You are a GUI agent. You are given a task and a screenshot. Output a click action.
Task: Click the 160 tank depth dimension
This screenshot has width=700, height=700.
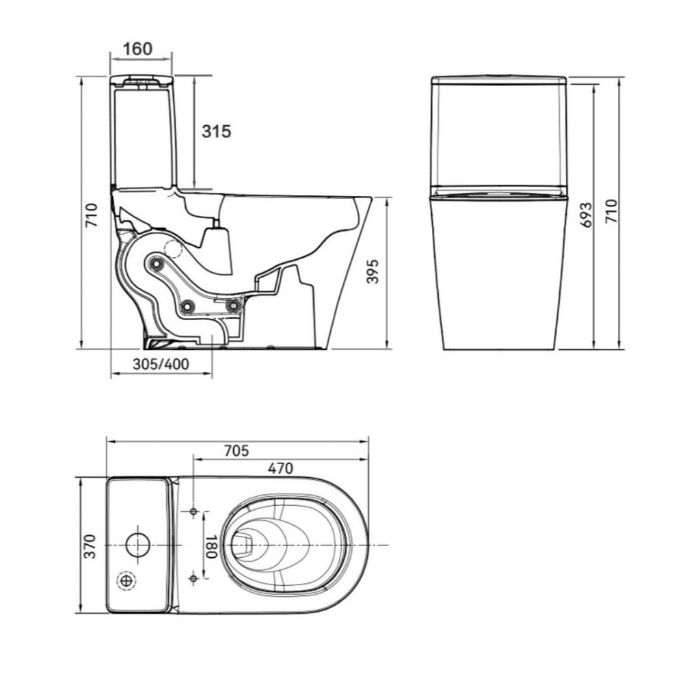(x=138, y=49)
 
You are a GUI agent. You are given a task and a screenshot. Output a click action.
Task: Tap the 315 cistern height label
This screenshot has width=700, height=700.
(x=217, y=131)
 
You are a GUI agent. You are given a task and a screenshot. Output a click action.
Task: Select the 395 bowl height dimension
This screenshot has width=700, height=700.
(x=373, y=271)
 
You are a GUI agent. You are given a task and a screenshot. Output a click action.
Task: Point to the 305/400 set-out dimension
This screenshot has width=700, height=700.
(x=161, y=364)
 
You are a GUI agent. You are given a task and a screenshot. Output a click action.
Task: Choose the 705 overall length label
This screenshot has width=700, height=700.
(x=236, y=451)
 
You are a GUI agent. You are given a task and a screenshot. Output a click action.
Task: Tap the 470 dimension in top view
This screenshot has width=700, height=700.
(x=280, y=468)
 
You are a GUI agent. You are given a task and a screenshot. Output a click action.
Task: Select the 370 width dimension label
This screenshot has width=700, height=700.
(x=90, y=546)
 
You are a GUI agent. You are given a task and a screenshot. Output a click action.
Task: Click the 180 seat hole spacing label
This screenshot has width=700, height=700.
(x=211, y=546)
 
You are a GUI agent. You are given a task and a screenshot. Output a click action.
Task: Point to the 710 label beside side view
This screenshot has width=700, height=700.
(x=92, y=215)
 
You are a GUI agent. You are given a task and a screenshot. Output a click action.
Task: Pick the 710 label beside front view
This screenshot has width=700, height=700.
(x=611, y=212)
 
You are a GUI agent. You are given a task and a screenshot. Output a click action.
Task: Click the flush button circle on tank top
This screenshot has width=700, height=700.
(x=138, y=545)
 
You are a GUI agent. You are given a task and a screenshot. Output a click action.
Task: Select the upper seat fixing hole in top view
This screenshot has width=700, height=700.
(x=193, y=511)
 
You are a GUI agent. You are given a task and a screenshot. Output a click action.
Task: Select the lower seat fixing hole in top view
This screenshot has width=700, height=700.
(x=193, y=578)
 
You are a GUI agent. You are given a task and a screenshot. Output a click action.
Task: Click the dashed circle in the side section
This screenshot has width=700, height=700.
(x=174, y=249)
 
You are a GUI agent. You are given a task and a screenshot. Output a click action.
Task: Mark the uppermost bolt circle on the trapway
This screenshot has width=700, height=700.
(x=157, y=265)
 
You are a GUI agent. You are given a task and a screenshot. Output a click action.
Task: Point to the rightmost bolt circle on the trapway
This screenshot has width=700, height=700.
(x=233, y=306)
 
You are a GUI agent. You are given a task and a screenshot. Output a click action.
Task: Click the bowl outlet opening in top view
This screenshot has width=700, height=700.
(x=243, y=545)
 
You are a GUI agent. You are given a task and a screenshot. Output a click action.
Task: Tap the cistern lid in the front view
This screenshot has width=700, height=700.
(x=498, y=81)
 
